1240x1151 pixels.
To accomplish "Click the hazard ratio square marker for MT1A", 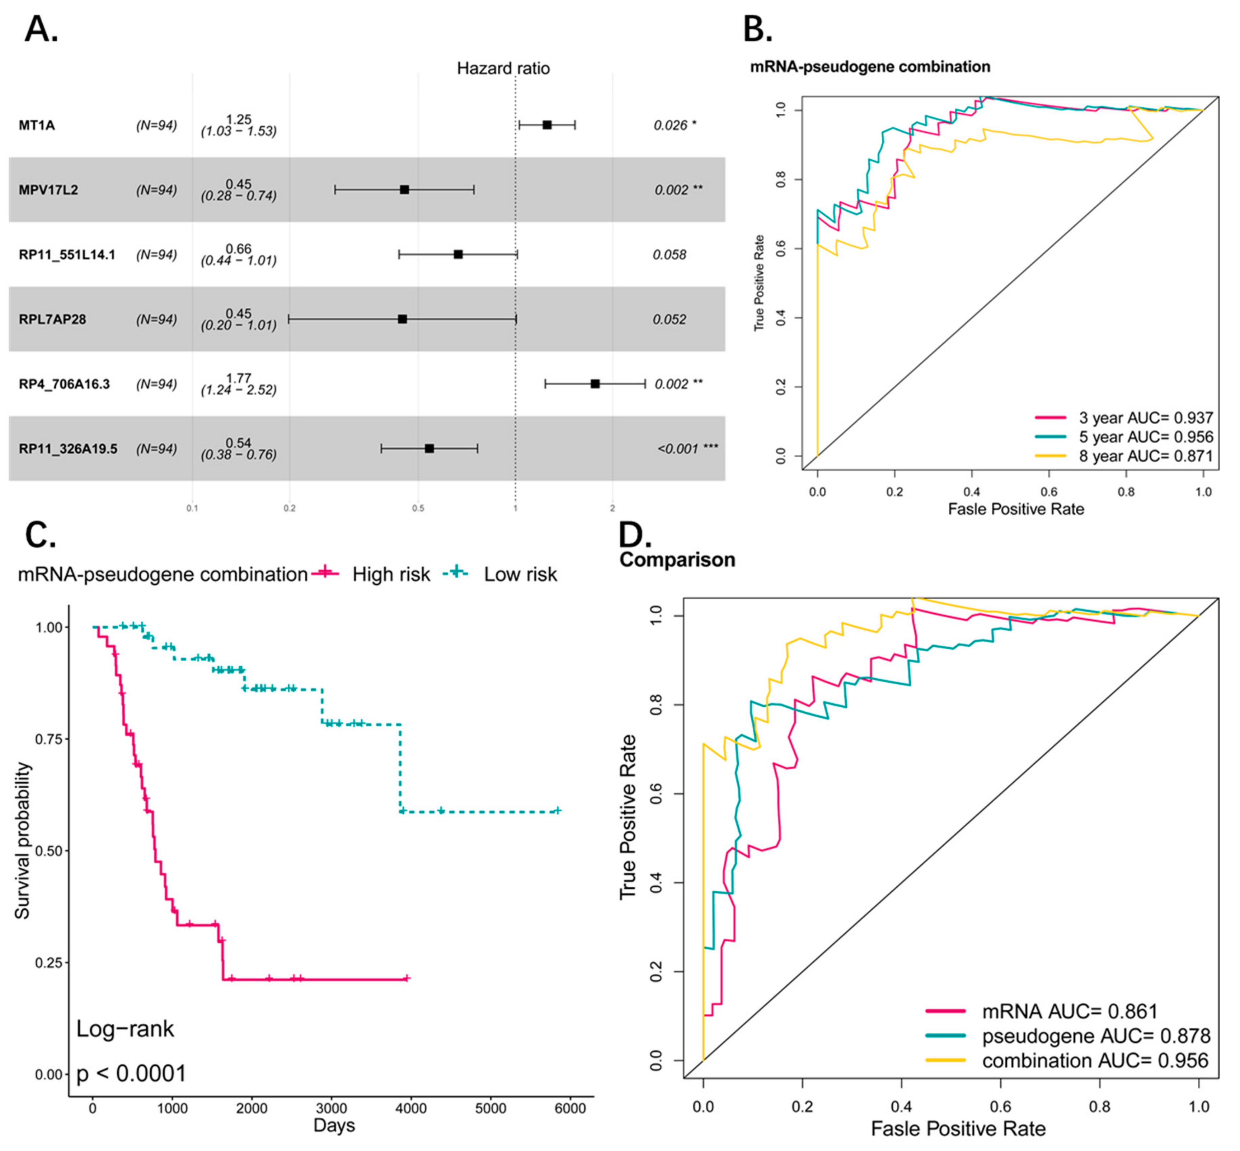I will (x=546, y=125).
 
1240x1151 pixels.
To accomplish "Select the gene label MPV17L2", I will (x=48, y=190).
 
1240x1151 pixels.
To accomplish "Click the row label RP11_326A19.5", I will (x=68, y=448).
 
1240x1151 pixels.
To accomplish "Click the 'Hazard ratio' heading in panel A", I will (x=503, y=68).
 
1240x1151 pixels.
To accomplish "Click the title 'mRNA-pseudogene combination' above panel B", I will (x=870, y=67).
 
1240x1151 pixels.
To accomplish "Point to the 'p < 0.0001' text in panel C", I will (x=131, y=1073).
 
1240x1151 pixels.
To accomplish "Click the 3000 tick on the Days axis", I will (x=332, y=1108).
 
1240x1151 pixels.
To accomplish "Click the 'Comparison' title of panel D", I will (x=677, y=559).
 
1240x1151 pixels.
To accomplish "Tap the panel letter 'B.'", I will (x=758, y=29).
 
